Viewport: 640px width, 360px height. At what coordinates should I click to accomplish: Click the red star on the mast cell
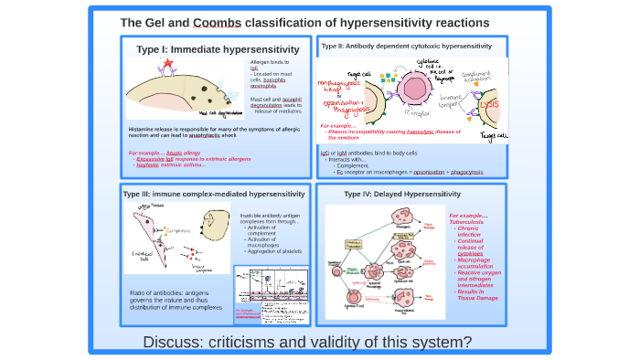coord(167,62)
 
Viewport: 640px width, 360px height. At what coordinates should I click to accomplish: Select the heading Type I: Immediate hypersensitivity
coord(218,49)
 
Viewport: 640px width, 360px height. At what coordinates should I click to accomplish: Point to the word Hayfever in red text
coord(147,164)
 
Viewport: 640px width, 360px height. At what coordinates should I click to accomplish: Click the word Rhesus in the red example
coord(343,132)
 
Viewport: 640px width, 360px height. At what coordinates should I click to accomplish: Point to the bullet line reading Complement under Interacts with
coord(353,165)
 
